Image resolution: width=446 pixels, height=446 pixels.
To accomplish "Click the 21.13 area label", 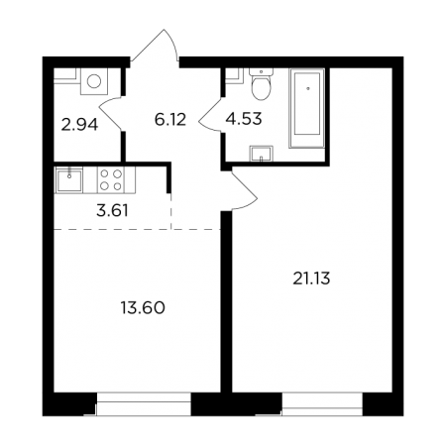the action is coord(311,279).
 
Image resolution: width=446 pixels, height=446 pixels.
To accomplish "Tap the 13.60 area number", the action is coord(143,308).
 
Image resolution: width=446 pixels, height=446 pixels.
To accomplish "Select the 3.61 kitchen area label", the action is coord(112,210).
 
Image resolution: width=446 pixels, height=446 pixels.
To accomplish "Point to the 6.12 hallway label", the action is coord(170,119).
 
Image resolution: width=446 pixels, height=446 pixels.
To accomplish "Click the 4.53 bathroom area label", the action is coord(244,119).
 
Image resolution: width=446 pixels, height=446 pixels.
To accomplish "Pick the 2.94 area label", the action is coord(79,125).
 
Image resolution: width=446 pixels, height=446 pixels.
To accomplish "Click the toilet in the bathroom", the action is coord(261,83).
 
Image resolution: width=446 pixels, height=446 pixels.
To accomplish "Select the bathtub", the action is coord(307,108).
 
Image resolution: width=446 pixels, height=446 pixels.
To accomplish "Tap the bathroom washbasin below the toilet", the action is coord(261,154).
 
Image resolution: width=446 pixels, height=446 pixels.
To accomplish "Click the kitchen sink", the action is coord(69,180).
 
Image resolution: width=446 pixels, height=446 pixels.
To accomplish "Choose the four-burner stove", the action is coord(111,180).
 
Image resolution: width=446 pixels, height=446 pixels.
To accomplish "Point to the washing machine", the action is coord(94,81).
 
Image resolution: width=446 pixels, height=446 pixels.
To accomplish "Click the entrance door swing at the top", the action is coord(155,46).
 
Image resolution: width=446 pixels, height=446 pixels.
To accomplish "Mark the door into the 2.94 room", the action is coord(111,113).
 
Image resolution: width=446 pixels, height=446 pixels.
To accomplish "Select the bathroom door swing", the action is coord(211,115).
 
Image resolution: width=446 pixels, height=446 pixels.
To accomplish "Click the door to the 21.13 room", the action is coord(245,189).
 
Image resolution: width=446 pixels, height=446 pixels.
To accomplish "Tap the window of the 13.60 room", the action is coord(144,403).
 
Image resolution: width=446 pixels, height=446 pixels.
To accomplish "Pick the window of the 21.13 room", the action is coord(322,403).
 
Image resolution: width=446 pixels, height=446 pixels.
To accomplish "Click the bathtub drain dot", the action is coord(308,88).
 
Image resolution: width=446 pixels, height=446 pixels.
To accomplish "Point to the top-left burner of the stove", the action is coord(104,173).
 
